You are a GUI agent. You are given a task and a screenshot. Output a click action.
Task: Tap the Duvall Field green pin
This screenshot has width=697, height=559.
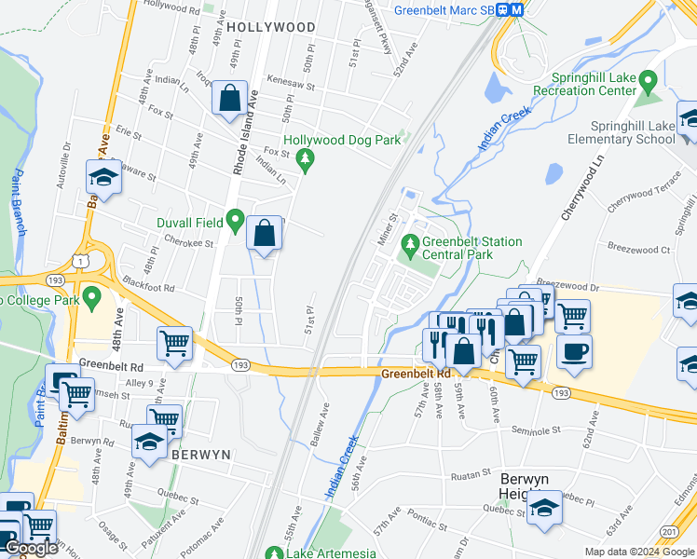pos(236,221)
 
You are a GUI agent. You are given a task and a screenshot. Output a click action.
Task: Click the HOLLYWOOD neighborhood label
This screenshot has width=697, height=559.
pos(271,28)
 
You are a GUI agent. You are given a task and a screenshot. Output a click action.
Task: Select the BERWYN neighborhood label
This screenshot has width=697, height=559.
pos(200,454)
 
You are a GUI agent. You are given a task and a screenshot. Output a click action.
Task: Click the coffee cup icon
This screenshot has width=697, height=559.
pos(574,351)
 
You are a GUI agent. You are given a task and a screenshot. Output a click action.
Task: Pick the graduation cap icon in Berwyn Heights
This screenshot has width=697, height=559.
pos(544,506)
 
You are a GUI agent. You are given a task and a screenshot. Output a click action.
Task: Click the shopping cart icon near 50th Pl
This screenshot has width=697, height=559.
pos(174,344)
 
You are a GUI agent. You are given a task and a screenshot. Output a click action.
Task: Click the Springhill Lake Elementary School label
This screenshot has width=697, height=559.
pos(632,132)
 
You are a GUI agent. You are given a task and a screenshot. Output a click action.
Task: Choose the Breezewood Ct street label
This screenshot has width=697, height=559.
pos(638,250)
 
